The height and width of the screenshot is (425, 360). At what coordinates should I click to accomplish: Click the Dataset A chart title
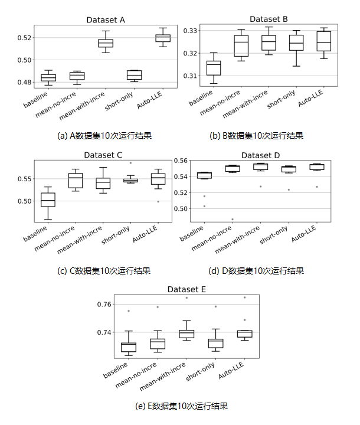(x=106, y=20)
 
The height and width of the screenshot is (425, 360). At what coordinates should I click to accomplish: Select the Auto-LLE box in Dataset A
(x=163, y=38)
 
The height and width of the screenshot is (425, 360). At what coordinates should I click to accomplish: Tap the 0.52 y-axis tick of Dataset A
(x=24, y=38)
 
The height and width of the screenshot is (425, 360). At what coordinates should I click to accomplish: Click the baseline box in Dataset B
(x=214, y=68)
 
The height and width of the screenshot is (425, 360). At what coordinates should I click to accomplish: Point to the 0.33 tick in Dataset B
(x=190, y=31)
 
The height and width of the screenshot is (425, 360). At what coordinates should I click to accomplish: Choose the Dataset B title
(x=269, y=19)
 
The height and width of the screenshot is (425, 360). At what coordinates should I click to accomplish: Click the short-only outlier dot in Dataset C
(x=130, y=163)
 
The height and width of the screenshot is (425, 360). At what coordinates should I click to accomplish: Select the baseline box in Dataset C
(x=48, y=200)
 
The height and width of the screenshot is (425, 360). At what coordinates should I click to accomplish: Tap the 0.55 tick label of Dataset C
(x=24, y=179)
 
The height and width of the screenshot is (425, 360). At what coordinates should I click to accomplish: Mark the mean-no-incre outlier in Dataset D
(x=233, y=219)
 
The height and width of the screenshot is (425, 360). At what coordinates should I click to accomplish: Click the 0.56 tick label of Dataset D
(x=181, y=161)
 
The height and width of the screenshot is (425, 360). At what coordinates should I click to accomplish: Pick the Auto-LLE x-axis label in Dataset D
(x=303, y=234)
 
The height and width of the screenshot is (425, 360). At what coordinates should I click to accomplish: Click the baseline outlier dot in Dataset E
(x=129, y=311)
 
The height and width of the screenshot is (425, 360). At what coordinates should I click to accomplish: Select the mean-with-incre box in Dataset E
(x=186, y=334)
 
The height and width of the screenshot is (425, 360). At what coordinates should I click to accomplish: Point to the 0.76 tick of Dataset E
(x=104, y=305)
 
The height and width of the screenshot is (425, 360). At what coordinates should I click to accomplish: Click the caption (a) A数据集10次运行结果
(x=104, y=136)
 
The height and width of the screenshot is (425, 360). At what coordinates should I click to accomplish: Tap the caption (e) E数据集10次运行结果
(x=181, y=406)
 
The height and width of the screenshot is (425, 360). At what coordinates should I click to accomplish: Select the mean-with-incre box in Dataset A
(x=106, y=43)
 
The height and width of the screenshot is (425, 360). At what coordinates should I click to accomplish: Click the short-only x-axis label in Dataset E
(x=200, y=372)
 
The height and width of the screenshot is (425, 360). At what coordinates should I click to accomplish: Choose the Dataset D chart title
(x=260, y=156)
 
